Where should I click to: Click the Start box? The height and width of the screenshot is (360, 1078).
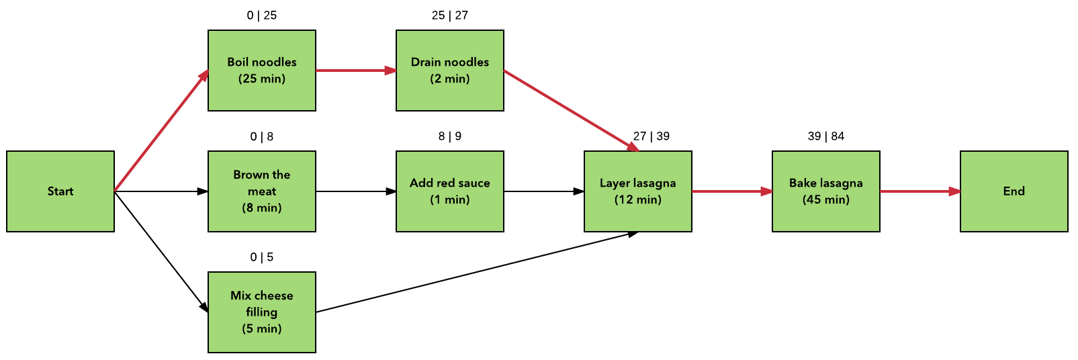click(x=60, y=191)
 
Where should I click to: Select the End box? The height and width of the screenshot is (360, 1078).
click(x=1014, y=191)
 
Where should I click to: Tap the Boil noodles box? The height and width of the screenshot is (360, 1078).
click(x=262, y=71)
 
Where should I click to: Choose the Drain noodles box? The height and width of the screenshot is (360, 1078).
click(x=450, y=71)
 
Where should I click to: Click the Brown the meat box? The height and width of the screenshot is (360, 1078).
click(x=262, y=191)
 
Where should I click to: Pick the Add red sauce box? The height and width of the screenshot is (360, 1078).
click(x=450, y=191)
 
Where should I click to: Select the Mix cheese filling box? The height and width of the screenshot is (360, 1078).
click(x=262, y=312)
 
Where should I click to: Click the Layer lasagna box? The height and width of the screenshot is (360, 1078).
click(x=638, y=191)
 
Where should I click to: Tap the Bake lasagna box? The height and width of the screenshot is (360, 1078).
click(x=826, y=191)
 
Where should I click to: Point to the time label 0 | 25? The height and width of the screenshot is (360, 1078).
click(x=262, y=15)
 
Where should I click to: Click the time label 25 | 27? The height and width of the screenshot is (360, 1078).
click(x=450, y=15)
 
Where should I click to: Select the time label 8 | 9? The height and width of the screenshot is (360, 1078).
click(x=450, y=136)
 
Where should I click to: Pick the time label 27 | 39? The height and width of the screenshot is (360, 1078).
click(x=652, y=136)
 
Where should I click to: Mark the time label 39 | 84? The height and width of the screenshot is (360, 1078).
click(x=826, y=136)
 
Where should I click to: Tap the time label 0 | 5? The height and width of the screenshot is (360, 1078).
click(x=262, y=257)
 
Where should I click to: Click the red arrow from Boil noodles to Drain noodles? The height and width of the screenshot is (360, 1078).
click(x=356, y=71)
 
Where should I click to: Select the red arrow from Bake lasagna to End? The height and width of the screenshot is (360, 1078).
click(x=920, y=191)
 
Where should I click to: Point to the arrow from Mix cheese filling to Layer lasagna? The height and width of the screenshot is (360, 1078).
click(x=477, y=272)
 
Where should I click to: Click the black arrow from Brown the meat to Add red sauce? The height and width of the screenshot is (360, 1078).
click(x=356, y=191)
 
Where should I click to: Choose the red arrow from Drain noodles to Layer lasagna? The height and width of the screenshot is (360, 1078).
click(x=571, y=111)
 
